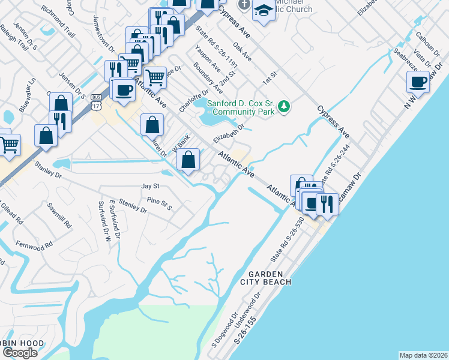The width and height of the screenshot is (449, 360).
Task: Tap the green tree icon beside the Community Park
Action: pos(285,107)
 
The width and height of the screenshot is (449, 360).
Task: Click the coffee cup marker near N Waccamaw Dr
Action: pos(418,82)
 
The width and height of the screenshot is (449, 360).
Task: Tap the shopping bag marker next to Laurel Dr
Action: pos(152,125)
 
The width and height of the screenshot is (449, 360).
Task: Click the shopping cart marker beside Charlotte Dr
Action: pos(155,77)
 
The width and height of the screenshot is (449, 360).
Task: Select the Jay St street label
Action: pos(150,187)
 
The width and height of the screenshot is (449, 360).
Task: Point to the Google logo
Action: pos(20,353)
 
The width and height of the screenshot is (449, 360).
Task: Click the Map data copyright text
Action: pos(424,355)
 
